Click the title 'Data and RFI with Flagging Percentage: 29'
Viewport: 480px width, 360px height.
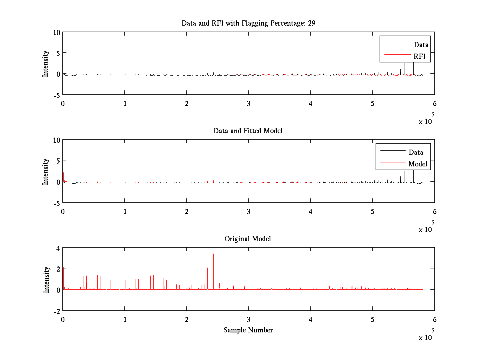(x=248, y=23)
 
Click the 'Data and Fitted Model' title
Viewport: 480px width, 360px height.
(x=248, y=131)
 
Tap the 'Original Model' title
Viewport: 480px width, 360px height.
(x=248, y=239)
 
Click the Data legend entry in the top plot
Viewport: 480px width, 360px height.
(x=421, y=45)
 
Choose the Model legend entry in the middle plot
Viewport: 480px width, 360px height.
(x=418, y=164)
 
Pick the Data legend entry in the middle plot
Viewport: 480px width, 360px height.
(x=416, y=152)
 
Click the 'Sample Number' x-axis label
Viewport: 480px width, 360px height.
(x=248, y=330)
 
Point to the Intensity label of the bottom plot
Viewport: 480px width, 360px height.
(x=46, y=279)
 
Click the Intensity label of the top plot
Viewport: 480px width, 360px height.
(x=46, y=63)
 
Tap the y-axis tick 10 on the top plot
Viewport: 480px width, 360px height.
(x=56, y=32)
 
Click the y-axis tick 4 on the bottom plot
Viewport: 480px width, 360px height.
(x=58, y=248)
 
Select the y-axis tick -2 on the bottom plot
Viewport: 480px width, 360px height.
(x=56, y=311)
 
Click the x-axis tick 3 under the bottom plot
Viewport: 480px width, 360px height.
(x=248, y=320)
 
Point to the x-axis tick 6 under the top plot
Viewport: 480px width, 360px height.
(x=434, y=104)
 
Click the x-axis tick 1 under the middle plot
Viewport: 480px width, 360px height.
(x=125, y=212)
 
